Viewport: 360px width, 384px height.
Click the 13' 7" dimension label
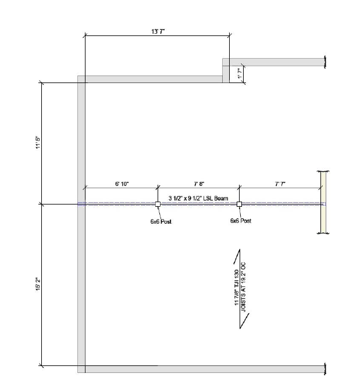[158, 31]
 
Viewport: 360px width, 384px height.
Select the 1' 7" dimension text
[240, 73]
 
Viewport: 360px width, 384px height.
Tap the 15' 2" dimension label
[38, 284]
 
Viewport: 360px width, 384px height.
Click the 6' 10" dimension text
[122, 184]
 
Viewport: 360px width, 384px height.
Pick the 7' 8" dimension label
[199, 184]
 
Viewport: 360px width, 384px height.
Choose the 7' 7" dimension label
[280, 184]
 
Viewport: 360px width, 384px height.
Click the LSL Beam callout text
[198, 198]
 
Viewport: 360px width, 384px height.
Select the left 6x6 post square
[158, 204]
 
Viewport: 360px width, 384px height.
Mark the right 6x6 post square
[240, 204]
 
